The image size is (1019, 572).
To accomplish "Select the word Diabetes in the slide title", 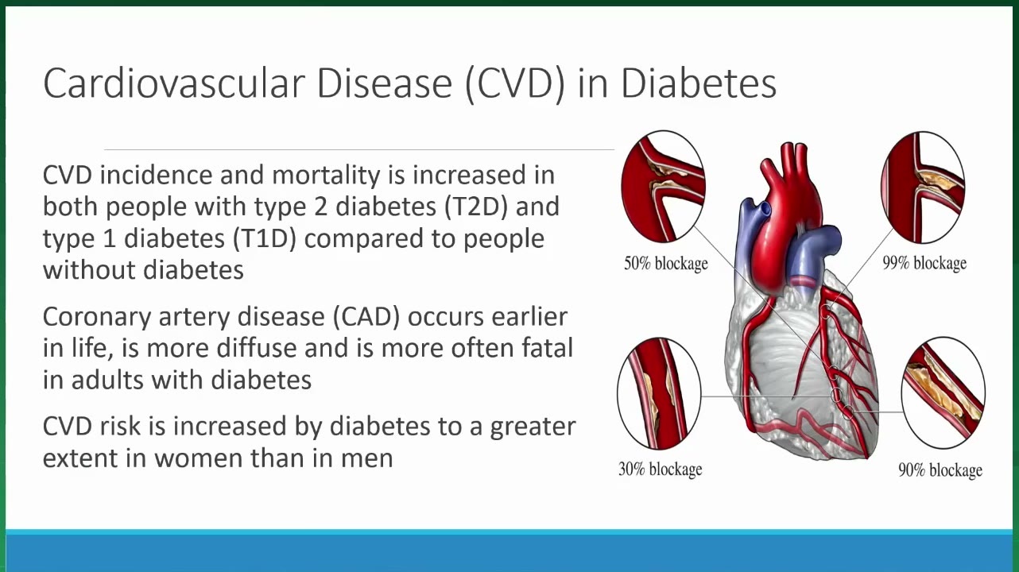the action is (699, 83).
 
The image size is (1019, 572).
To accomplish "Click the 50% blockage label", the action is (666, 263).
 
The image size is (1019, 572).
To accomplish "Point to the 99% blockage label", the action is (924, 263).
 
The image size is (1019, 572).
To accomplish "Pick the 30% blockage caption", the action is (660, 470).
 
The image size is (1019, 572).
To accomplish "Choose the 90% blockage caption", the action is (940, 470).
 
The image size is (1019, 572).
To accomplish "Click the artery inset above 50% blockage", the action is (663, 187).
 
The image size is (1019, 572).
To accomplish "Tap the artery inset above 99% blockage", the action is (924, 187).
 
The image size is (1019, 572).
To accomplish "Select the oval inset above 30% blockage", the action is (659, 393).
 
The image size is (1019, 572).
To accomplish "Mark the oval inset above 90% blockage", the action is (943, 392).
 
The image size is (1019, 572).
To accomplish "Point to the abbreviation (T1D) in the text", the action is (265, 238).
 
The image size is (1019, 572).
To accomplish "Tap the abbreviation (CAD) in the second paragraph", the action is (366, 317).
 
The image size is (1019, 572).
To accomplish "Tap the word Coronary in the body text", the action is (97, 318).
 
